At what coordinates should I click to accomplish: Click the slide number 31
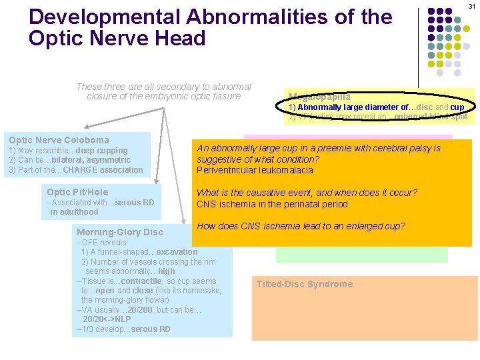pyautogui.click(x=471, y=6)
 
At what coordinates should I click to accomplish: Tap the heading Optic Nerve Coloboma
pyautogui.click(x=59, y=140)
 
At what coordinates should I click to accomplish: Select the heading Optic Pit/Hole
pyautogui.click(x=77, y=192)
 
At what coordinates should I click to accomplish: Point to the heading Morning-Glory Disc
pyautogui.click(x=120, y=232)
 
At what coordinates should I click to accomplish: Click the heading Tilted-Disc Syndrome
pyautogui.click(x=305, y=284)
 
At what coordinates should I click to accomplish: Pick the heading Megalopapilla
pyautogui.click(x=319, y=97)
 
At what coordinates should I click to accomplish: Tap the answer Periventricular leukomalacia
pyautogui.click(x=255, y=170)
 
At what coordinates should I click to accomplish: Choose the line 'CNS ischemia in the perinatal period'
pyautogui.click(x=272, y=204)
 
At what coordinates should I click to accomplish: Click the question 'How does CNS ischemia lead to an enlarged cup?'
pyautogui.click(x=301, y=226)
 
